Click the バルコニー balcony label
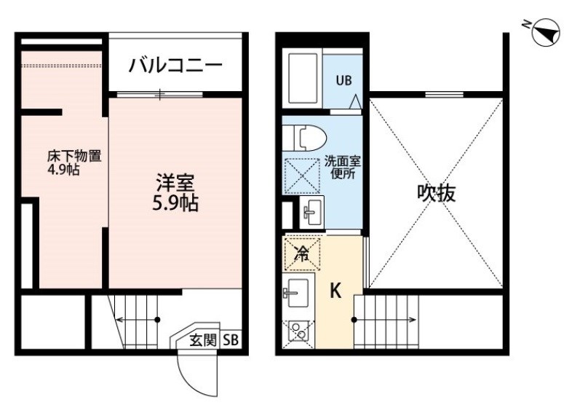pos(175,66)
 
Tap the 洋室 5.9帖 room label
pos(175,192)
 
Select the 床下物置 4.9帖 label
pos(74,162)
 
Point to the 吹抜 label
pos(437,192)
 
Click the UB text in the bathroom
pos(344,81)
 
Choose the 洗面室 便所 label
pos(343,168)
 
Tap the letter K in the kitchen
pos(335,291)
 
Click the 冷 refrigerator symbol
pos(301,254)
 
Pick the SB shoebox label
pos(231,340)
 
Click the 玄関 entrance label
pos(203,340)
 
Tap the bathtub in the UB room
pos(302,79)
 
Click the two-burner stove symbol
pos(298,334)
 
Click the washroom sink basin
pos(311,212)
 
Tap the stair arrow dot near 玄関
pos(157,319)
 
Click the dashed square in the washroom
pos(301,176)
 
